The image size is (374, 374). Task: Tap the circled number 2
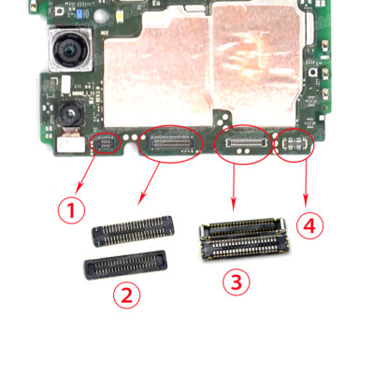[x=126, y=295]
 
